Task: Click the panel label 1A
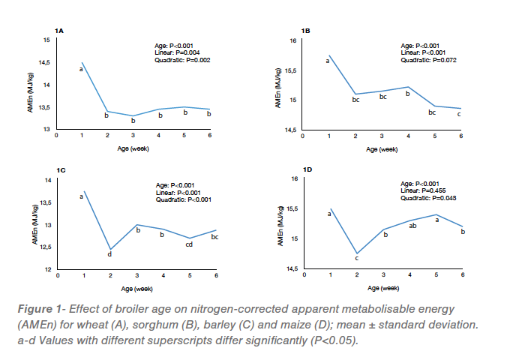[x=60, y=31]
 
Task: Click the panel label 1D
[x=306, y=170]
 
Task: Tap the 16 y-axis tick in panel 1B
[x=295, y=41]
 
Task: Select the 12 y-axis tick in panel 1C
[x=47, y=269]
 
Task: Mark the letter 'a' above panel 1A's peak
[x=80, y=69]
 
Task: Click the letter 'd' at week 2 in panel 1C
[x=109, y=254]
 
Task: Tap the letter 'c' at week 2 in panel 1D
[x=356, y=259]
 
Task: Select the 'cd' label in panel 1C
[x=189, y=243]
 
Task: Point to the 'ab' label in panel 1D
[x=412, y=226]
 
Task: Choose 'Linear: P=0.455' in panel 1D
[x=424, y=190]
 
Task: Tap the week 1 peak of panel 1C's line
[x=84, y=191]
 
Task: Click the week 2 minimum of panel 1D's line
[x=356, y=253]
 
